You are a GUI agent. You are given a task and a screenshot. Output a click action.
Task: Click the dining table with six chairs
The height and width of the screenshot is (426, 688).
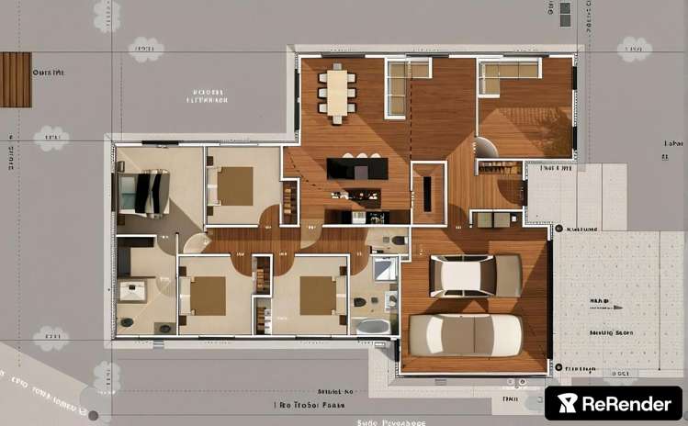(338, 92)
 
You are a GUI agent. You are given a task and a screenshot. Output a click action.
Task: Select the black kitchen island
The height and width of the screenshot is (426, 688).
(357, 169)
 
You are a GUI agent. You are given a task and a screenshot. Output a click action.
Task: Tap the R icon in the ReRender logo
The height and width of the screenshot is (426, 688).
(570, 403)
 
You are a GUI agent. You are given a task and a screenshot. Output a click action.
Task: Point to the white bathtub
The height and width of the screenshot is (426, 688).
(372, 326)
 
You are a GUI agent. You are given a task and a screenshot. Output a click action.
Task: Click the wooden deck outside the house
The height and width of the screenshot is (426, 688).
(16, 80)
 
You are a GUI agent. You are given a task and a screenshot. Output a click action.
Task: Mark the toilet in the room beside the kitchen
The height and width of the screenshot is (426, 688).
(399, 241)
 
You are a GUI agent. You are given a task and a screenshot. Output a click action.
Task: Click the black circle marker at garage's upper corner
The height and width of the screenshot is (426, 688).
(558, 228)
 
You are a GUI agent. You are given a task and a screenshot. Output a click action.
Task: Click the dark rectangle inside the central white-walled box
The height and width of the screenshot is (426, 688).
(428, 194)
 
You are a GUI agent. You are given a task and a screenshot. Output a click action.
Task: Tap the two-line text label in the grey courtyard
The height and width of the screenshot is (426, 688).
(208, 96)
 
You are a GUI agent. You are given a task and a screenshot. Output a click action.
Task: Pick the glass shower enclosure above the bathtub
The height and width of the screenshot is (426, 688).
(385, 269)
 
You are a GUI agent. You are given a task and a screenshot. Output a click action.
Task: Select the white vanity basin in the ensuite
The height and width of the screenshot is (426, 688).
(133, 291)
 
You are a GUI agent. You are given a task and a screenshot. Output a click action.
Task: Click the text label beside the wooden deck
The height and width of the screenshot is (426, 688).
(48, 71)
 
